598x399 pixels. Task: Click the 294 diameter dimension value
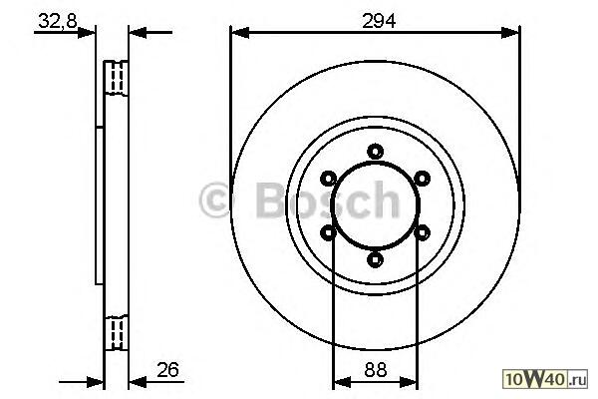[379, 21]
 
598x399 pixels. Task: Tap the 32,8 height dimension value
[58, 21]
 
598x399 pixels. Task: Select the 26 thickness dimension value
[167, 370]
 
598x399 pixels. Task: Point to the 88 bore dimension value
[376, 370]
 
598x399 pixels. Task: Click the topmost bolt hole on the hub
[376, 152]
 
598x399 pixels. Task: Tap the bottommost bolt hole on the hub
[376, 259]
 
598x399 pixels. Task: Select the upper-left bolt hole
[328, 179]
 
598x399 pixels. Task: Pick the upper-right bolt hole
[423, 179]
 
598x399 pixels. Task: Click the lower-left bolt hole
[328, 232]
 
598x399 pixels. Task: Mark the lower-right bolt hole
[423, 232]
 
